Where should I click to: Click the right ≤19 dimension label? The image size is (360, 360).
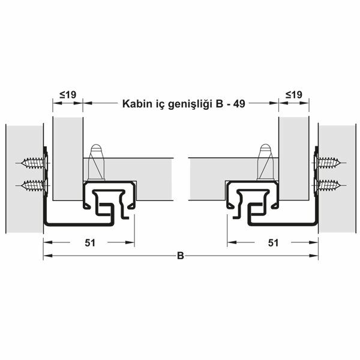click(294, 94)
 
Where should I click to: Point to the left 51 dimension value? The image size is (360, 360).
click(88, 242)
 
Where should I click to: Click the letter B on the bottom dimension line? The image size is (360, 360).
click(180, 256)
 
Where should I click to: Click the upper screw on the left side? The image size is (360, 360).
click(33, 163)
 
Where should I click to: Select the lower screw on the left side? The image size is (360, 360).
click(33, 184)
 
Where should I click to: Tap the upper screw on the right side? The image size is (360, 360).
click(328, 163)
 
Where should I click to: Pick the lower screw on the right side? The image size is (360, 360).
click(328, 184)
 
